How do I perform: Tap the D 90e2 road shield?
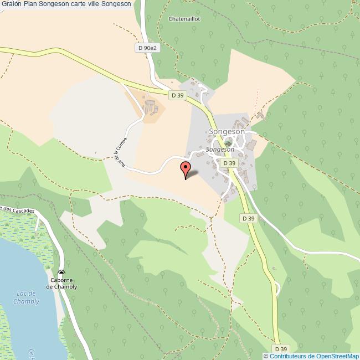147,48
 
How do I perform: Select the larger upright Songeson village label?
227,132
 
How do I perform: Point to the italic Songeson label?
220,150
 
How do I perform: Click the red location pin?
186,168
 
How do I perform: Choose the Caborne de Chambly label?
61,284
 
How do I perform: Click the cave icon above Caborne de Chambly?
61,272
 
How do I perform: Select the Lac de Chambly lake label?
27,297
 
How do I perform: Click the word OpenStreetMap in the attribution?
337,356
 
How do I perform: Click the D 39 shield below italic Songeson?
229,163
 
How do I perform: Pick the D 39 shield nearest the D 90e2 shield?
177,95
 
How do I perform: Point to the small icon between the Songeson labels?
228,142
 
